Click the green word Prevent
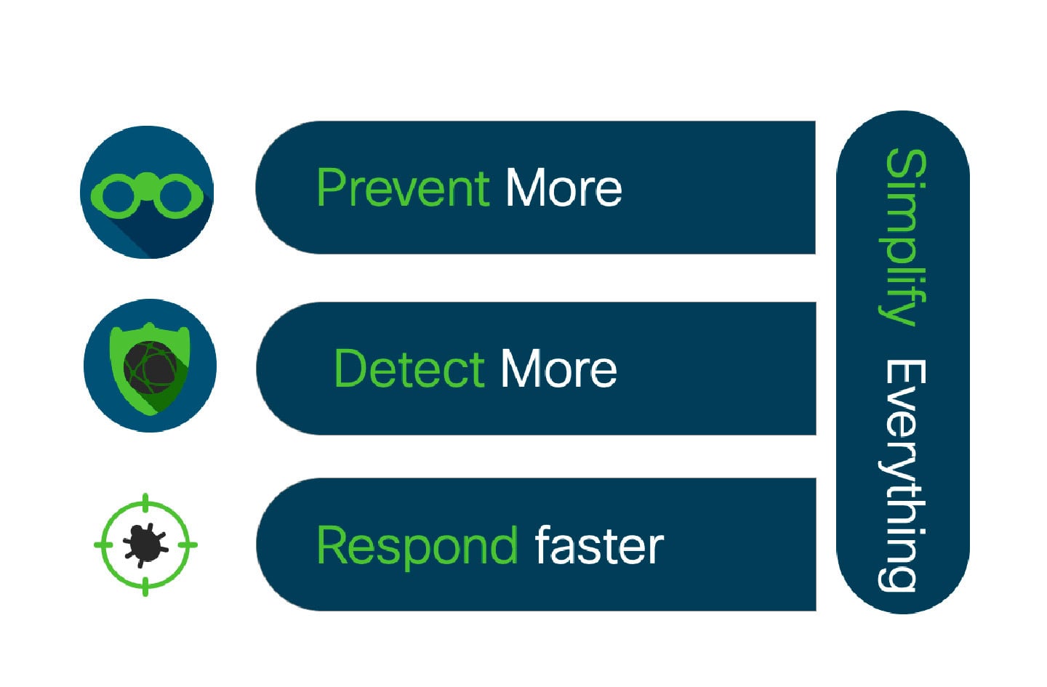[x=404, y=188]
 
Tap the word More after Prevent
[x=564, y=188]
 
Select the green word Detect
[x=410, y=369]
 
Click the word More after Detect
[x=559, y=369]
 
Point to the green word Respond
[x=417, y=547]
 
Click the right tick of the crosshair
[x=188, y=545]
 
